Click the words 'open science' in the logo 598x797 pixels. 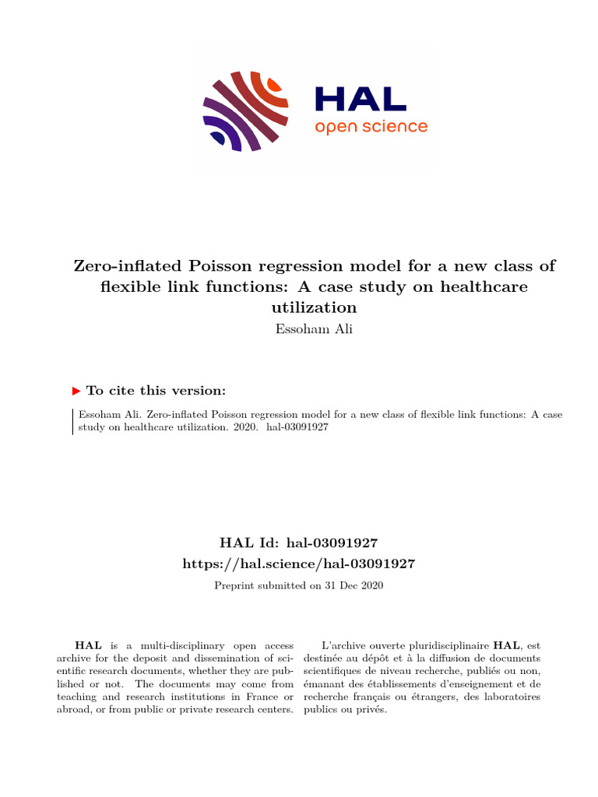point(371,126)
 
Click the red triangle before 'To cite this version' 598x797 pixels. point(76,391)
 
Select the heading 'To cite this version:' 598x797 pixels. point(157,391)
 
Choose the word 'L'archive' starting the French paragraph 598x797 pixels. point(343,645)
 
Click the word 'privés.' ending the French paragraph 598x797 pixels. point(370,710)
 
